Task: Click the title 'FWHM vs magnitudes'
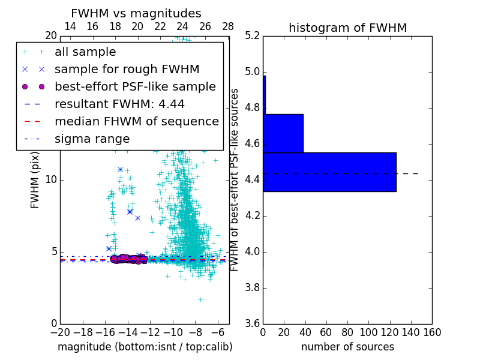click(136, 14)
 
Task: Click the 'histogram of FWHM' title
click(347, 28)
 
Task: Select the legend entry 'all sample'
click(85, 52)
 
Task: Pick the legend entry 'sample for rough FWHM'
click(127, 70)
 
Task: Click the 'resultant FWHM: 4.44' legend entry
click(119, 104)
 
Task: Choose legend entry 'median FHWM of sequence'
click(136, 122)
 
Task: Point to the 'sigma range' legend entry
click(92, 139)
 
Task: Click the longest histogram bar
click(329, 172)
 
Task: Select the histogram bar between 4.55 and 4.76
click(283, 133)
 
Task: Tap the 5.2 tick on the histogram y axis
click(252, 36)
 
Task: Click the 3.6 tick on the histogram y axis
click(252, 323)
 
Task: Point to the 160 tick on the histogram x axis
click(432, 332)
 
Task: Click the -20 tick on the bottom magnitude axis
click(60, 332)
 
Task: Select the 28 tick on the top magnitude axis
click(228, 27)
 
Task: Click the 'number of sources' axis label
click(347, 347)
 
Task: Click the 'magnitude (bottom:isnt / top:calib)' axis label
click(145, 347)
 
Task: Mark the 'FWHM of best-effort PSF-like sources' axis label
click(235, 179)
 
